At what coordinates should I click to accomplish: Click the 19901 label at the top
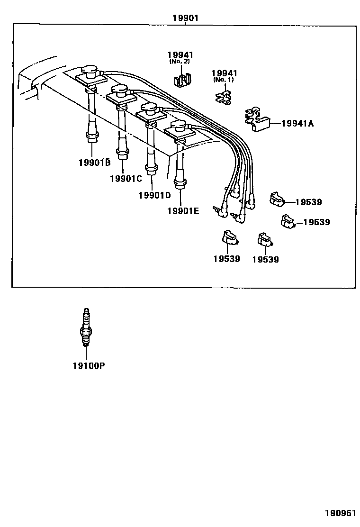(185, 18)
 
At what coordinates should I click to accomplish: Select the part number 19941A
(297, 124)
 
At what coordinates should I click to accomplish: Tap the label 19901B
(94, 163)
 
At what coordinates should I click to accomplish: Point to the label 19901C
(126, 179)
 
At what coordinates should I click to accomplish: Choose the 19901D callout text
(154, 195)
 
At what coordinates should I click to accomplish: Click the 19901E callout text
(183, 211)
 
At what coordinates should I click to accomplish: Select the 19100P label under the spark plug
(89, 366)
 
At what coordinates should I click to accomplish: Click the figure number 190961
(340, 513)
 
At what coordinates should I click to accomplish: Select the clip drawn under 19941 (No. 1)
(223, 97)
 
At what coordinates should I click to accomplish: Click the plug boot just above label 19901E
(180, 182)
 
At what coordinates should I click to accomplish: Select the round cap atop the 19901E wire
(180, 125)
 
